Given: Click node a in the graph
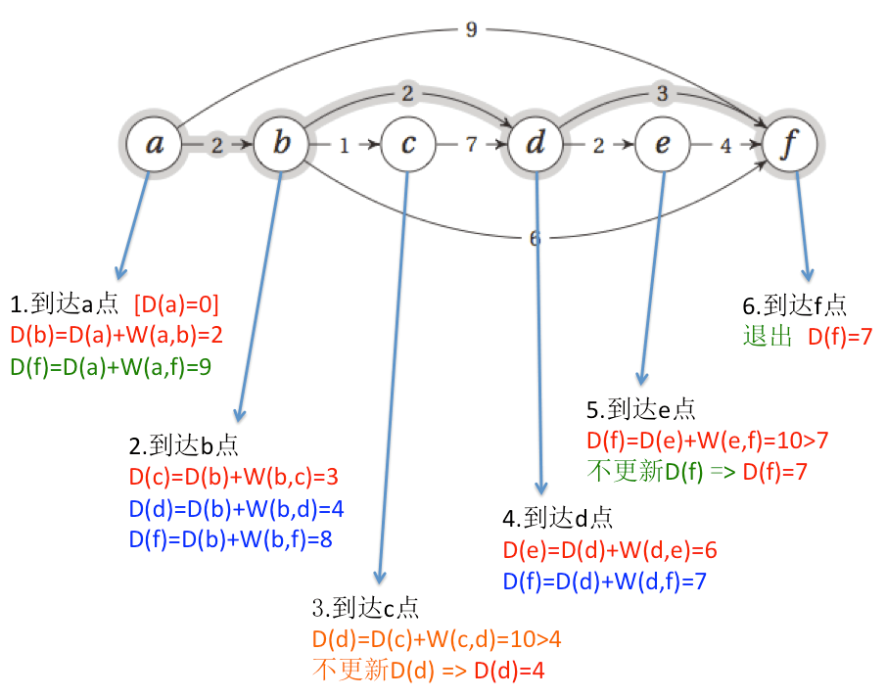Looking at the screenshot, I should pos(155,145).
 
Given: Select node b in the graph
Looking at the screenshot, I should pos(282,145).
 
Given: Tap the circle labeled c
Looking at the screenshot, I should pos(409,145).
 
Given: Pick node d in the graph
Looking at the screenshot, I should pos(536,145).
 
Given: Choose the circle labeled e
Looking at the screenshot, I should pos(663,145).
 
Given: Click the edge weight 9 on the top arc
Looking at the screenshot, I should pos(471,29).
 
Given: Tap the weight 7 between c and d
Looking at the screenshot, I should pos(471,145).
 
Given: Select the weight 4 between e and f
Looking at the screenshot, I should pos(724,146).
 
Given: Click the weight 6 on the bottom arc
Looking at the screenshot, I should pos(535,238).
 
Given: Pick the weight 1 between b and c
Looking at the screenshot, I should pos(344,146).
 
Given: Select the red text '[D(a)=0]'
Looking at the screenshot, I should pos(176,302).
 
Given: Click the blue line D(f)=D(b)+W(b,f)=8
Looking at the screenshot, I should pos(236,540).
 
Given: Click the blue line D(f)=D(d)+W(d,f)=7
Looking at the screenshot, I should pos(605,581).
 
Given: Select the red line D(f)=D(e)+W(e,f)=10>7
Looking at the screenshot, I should pos(707,440).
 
